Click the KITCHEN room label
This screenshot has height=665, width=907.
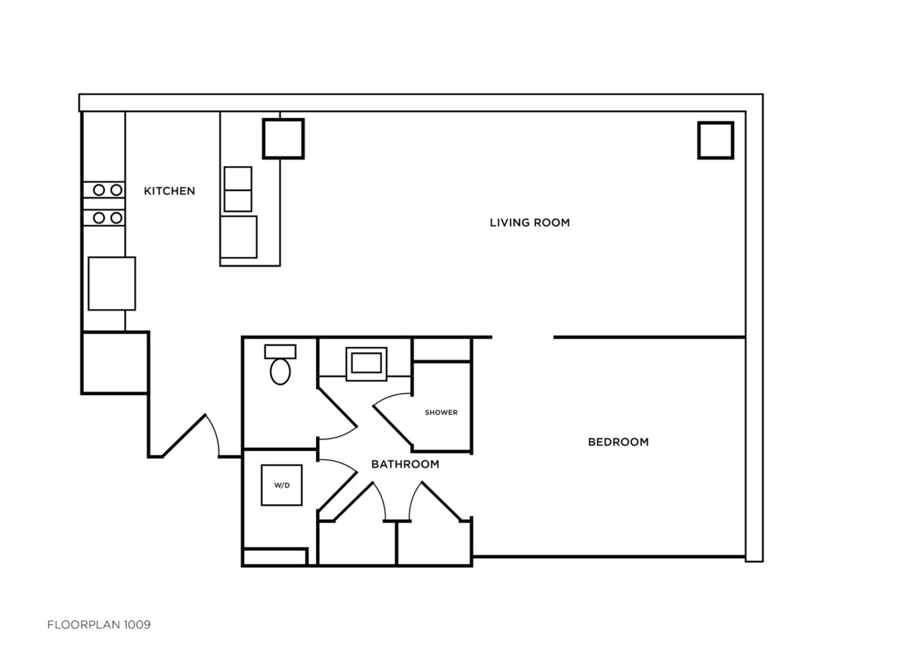(x=169, y=191)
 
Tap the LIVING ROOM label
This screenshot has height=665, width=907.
(x=530, y=223)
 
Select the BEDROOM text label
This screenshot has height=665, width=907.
(x=618, y=442)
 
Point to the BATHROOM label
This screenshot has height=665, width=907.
(x=405, y=464)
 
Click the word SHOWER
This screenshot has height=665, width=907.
(x=441, y=413)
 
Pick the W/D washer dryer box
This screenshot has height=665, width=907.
(x=281, y=485)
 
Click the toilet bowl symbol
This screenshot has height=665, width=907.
(x=280, y=372)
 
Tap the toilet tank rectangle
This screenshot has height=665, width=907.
(x=280, y=351)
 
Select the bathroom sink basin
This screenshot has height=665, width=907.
(x=367, y=363)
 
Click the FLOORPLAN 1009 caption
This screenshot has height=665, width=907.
(x=99, y=624)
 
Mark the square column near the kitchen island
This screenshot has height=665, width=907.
(x=283, y=139)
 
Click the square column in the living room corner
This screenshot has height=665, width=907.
(x=716, y=140)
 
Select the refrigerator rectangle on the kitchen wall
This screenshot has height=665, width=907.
(x=112, y=283)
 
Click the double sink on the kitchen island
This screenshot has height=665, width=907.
(x=238, y=189)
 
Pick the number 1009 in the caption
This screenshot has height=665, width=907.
(x=137, y=624)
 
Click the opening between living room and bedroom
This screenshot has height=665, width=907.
(x=523, y=337)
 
